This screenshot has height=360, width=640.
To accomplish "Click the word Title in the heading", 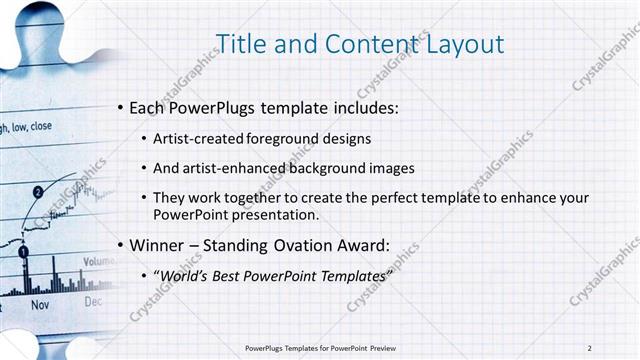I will pyautogui.click(x=243, y=43).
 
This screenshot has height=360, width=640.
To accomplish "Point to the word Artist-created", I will pyautogui.click(x=196, y=139).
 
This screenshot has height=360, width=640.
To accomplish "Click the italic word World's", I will pyautogui.click(x=184, y=275).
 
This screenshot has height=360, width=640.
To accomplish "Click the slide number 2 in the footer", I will pyautogui.click(x=590, y=347).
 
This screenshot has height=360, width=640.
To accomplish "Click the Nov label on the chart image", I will pyautogui.click(x=40, y=303).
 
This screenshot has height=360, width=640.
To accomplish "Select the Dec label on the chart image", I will pyautogui.click(x=93, y=300).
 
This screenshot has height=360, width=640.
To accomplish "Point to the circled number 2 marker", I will pyautogui.click(x=38, y=191).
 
